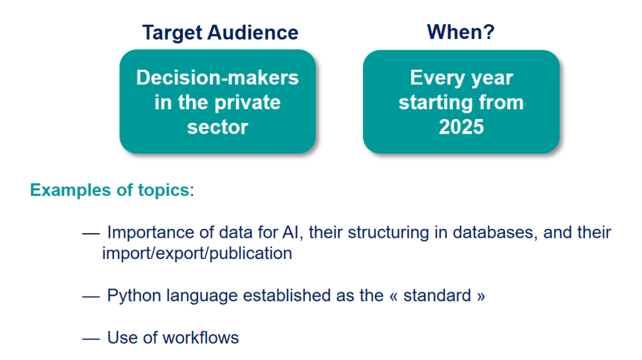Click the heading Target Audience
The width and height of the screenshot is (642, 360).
pyautogui.click(x=220, y=33)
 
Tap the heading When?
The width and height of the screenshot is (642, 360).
pyautogui.click(x=461, y=32)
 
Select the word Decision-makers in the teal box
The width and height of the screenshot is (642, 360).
pyautogui.click(x=218, y=77)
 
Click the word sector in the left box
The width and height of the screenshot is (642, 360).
pyautogui.click(x=218, y=127)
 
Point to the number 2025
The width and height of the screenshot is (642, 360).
pyautogui.click(x=461, y=127)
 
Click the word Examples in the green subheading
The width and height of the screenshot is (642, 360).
pyautogui.click(x=71, y=191)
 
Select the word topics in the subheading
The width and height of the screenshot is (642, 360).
pyautogui.click(x=164, y=191)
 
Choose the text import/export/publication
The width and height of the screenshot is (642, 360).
pyautogui.click(x=197, y=253)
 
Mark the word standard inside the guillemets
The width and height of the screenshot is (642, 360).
pyautogui.click(x=437, y=295)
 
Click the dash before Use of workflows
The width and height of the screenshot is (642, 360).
pyautogui.click(x=91, y=339)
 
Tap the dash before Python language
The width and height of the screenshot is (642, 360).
pyautogui.click(x=91, y=297)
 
